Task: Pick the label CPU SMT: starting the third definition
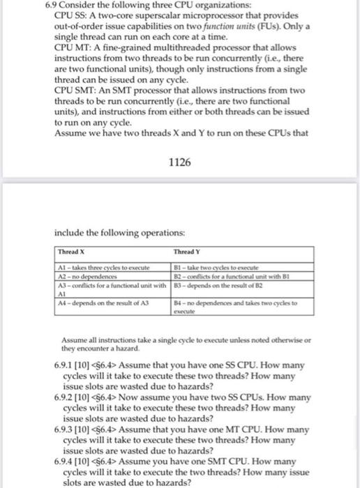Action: pos(73,93)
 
